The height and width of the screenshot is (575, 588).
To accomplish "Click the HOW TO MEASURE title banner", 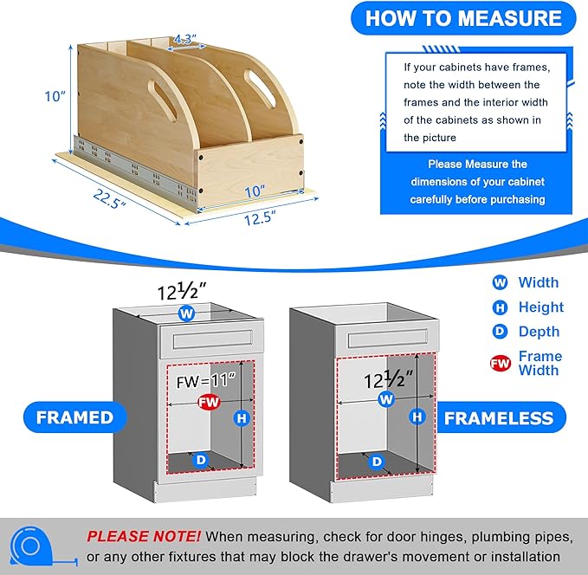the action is click(x=463, y=18).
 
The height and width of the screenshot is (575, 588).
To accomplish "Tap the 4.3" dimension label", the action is click(x=185, y=39).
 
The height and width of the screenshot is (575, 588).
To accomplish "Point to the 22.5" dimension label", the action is click(x=109, y=199).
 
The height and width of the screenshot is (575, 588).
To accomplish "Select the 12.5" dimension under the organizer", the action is click(x=261, y=218).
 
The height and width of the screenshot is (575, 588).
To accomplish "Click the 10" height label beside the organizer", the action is click(x=55, y=96).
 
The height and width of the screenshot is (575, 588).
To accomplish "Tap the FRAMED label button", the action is click(x=75, y=417).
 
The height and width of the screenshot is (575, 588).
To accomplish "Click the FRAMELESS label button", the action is click(x=499, y=418).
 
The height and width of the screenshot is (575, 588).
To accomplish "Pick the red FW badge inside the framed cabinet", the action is click(x=209, y=402).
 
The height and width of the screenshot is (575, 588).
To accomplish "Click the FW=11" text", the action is click(x=206, y=381).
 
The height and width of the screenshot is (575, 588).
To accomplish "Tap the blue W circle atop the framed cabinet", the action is click(x=187, y=313).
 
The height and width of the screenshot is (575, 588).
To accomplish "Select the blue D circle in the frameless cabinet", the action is click(x=377, y=462).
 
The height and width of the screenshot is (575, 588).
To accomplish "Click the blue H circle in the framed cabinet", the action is click(x=242, y=418).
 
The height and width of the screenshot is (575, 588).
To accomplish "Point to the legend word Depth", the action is click(x=539, y=332).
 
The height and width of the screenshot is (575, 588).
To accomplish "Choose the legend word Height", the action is click(x=541, y=307).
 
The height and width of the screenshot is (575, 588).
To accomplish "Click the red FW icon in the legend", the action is click(x=501, y=363).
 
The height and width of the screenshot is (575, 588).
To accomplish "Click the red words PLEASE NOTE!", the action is click(x=144, y=536).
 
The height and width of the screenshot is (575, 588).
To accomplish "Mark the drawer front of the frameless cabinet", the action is click(x=387, y=339).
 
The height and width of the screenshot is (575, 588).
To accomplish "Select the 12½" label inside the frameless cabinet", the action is click(x=388, y=379).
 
